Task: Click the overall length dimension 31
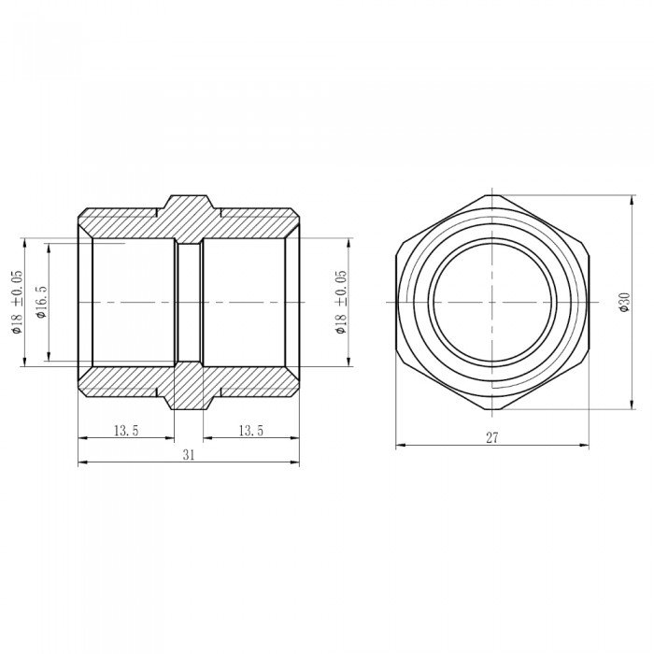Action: tap(189, 455)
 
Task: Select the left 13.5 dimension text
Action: tap(126, 430)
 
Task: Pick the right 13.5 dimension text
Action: tap(251, 430)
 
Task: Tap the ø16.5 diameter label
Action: tap(42, 302)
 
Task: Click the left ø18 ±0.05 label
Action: tap(17, 302)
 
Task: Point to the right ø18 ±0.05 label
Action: tap(341, 302)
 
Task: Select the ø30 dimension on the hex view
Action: tap(624, 302)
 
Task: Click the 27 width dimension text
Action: tap(492, 437)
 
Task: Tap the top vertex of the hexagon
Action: tap(492, 195)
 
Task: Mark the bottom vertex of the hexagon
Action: tap(492, 409)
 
